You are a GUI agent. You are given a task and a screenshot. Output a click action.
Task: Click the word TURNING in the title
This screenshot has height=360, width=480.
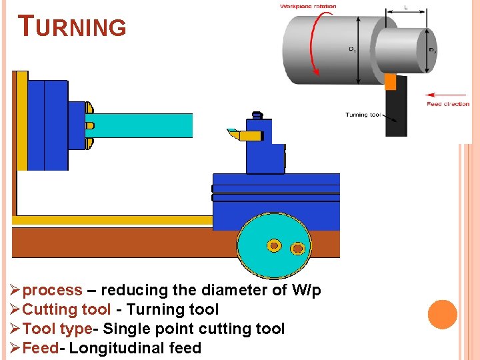pos(73,27)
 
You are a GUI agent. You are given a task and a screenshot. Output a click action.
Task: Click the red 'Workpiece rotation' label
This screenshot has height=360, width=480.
pos(308,7)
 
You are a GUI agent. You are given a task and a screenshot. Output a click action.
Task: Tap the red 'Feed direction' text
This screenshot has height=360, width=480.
pos(448,104)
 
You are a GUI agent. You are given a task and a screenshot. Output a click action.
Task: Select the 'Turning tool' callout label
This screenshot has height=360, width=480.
pos(363,115)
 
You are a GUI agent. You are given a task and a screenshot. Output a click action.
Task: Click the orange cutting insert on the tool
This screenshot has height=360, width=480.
pos(391,81)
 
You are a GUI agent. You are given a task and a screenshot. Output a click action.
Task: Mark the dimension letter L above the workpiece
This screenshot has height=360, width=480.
pos(406,7)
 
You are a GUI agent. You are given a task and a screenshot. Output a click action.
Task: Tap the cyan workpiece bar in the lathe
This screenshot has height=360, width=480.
pos(140,125)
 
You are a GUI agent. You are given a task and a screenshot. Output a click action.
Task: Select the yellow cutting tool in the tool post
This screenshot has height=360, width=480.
pos(244,135)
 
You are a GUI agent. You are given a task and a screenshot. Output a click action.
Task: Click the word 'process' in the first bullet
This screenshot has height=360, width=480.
pos(53,290)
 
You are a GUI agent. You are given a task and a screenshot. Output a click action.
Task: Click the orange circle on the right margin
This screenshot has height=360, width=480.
pos(443,315)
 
